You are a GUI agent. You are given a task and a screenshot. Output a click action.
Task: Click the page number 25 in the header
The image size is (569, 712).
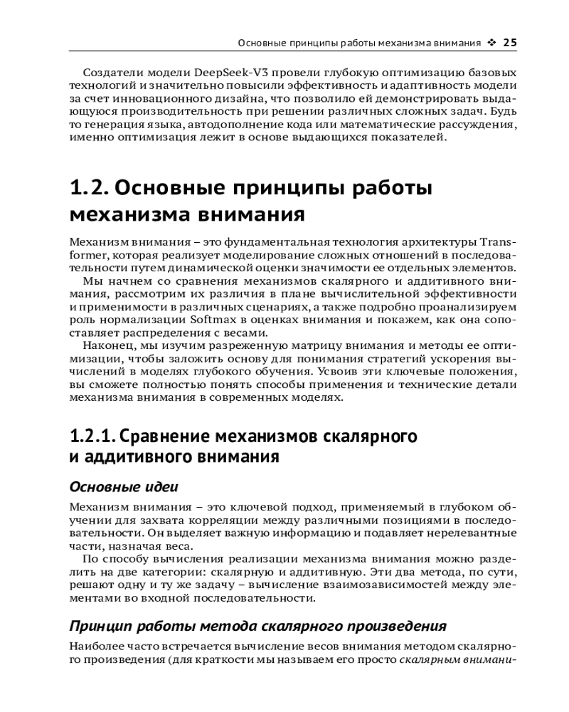click(510, 43)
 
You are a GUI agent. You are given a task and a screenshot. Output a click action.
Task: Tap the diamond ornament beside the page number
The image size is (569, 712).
click(492, 43)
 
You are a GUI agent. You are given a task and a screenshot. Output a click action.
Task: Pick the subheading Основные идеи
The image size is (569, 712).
click(123, 487)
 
